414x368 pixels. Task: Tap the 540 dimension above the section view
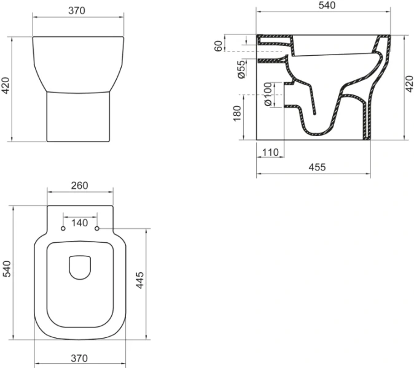[x=324, y=6]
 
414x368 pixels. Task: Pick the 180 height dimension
[x=237, y=114]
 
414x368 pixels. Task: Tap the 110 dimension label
[x=270, y=152]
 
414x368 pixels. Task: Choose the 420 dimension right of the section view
[x=410, y=86]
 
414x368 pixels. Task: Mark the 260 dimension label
[x=80, y=186]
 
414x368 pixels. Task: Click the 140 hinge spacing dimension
[x=80, y=223]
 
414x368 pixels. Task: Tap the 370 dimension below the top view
[x=80, y=358]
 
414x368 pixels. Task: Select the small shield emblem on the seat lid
[x=80, y=267]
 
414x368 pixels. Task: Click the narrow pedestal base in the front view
[x=78, y=117]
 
